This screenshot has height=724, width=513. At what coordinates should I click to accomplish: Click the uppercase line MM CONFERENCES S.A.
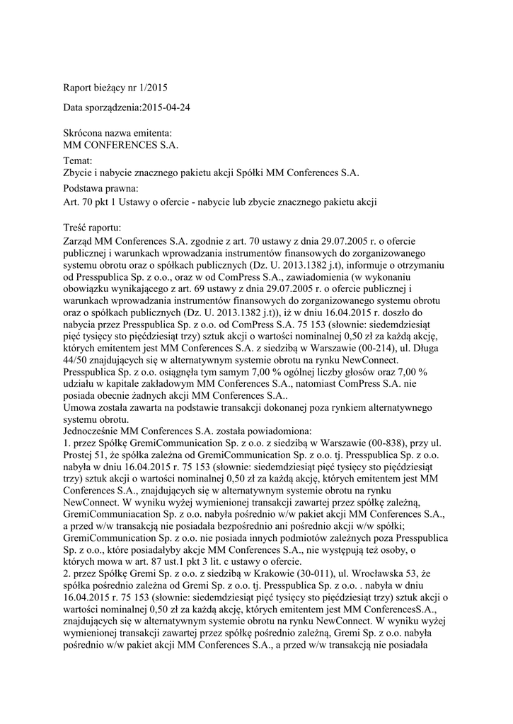click(x=121, y=145)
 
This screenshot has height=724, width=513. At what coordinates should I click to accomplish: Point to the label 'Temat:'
click(x=78, y=161)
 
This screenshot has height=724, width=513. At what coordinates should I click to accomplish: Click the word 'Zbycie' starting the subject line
click(x=79, y=173)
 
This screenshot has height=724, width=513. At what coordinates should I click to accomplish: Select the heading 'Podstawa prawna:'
click(x=100, y=189)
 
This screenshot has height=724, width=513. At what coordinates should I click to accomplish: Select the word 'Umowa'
click(x=79, y=409)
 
